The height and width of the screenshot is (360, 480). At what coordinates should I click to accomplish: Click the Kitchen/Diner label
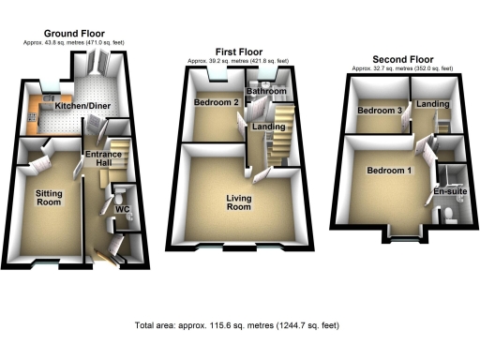[80, 107]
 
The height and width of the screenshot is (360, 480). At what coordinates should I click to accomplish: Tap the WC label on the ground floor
[122, 208]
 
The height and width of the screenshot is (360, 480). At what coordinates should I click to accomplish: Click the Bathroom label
[267, 91]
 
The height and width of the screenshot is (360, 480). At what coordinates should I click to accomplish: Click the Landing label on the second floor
[431, 104]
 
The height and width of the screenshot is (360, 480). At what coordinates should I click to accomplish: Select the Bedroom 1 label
[387, 172]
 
